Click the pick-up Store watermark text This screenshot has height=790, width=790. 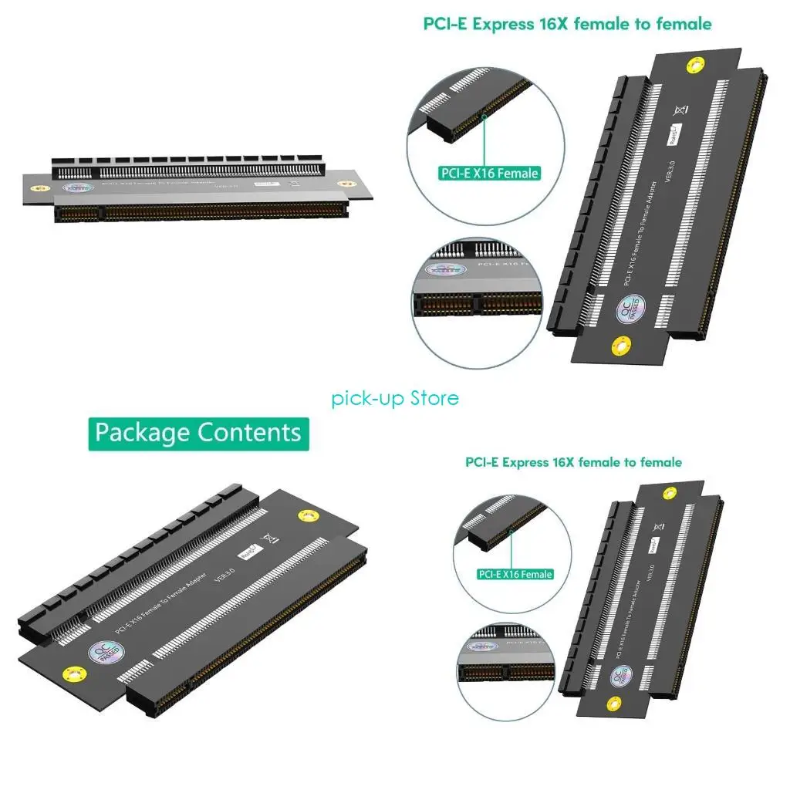click(x=395, y=398)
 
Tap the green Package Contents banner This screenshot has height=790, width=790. click(x=198, y=433)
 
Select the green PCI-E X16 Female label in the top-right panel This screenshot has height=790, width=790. click(x=488, y=174)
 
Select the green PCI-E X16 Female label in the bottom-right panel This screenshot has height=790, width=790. click(x=515, y=574)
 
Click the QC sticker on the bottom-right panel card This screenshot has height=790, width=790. click(x=622, y=676)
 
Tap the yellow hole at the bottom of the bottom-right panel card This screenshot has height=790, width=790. click(x=614, y=704)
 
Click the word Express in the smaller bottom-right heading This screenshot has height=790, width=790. click(x=525, y=462)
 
